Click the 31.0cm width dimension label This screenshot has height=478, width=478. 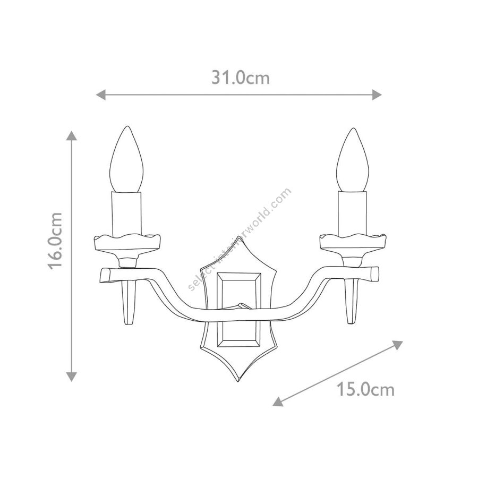(241, 78)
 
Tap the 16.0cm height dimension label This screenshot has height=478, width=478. (56, 241)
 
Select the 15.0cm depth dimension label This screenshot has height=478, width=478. (365, 390)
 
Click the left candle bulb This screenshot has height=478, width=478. (126, 159)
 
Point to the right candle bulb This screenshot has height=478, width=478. (353, 160)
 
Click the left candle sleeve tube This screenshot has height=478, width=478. (126, 215)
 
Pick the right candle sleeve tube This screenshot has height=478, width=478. (353, 215)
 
